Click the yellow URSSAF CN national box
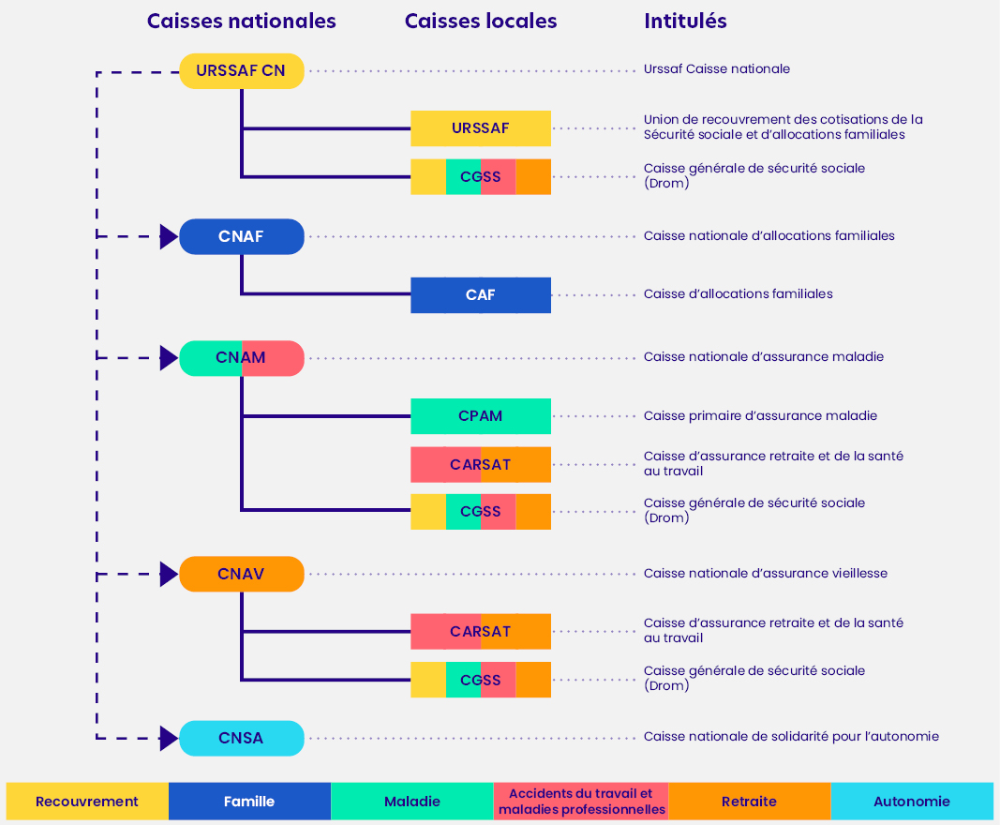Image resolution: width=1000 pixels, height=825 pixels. pyautogui.click(x=241, y=71)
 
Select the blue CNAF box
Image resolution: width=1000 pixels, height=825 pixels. pyautogui.click(x=241, y=236)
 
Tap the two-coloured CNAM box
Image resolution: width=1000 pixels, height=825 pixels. pyautogui.click(x=241, y=358)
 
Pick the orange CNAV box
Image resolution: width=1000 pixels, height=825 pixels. pyautogui.click(x=241, y=574)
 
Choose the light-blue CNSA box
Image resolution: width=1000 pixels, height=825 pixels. pyautogui.click(x=241, y=738)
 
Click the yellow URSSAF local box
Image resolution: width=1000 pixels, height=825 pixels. pyautogui.click(x=480, y=128)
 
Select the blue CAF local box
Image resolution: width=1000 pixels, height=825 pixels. pyautogui.click(x=480, y=295)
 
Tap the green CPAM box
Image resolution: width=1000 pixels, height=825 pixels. pyautogui.click(x=480, y=416)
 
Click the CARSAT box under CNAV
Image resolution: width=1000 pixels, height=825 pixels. pyautogui.click(x=480, y=632)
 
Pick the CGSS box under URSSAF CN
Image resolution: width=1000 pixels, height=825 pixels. pyautogui.click(x=480, y=177)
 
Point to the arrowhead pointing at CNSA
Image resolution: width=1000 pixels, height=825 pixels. pyautogui.click(x=169, y=738)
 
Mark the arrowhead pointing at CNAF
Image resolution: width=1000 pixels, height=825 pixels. pyautogui.click(x=169, y=236)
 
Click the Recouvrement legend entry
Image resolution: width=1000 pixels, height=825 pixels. pyautogui.click(x=87, y=802)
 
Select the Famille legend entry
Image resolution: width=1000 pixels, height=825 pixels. pyautogui.click(x=249, y=802)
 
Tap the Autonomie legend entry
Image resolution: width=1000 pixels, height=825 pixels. pyautogui.click(x=911, y=802)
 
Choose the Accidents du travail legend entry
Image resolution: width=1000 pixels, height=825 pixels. pyautogui.click(x=581, y=802)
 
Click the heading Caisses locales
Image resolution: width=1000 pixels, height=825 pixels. pyautogui.click(x=480, y=21)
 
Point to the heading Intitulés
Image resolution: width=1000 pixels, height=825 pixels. pyautogui.click(x=685, y=21)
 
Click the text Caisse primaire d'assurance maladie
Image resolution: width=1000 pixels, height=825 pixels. pyautogui.click(x=760, y=416)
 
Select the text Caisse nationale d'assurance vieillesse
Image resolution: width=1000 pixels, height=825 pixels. pyautogui.click(x=765, y=574)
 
